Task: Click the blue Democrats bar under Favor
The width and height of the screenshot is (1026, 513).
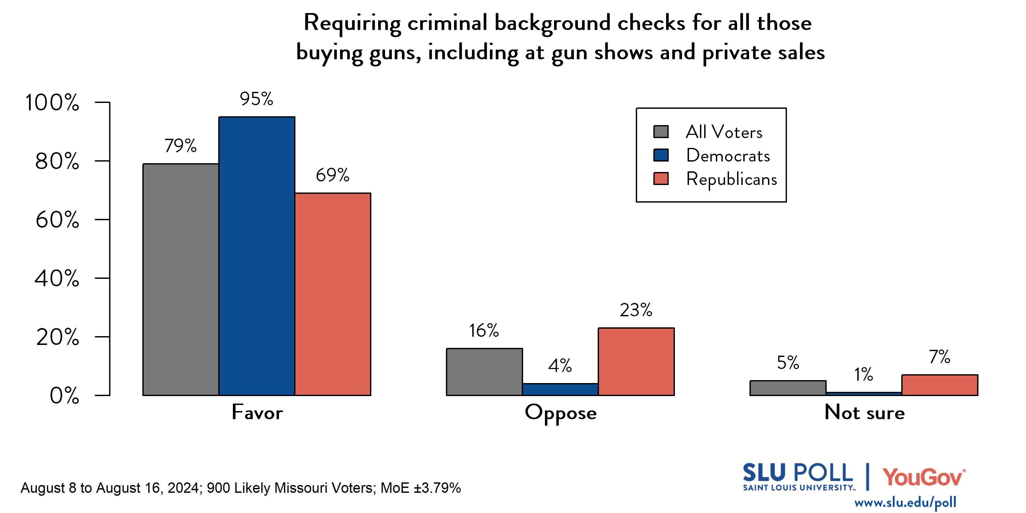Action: pos(257,256)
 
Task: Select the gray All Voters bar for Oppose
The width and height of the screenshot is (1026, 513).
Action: pos(484,372)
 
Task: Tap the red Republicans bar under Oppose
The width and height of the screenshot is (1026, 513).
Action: pos(636,361)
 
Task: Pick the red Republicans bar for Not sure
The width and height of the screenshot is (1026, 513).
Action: pos(940,385)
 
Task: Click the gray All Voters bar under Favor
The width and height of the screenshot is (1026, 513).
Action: pos(180,279)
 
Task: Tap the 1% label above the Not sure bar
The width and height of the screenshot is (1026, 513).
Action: pos(863,374)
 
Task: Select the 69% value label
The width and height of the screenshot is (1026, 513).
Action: pos(333,175)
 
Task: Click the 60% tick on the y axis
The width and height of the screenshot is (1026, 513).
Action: pos(57,220)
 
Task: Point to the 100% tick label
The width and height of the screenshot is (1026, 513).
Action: pos(52,102)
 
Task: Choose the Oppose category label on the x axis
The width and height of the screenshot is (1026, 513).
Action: pos(561,413)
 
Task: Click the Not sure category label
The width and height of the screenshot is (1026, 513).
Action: pos(864,412)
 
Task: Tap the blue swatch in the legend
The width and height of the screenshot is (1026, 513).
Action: pos(661,155)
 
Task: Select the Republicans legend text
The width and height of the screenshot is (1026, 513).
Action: pos(731,179)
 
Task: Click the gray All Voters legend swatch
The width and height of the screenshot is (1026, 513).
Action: pos(661,132)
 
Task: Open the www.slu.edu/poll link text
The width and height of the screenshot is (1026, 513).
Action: pos(905,502)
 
